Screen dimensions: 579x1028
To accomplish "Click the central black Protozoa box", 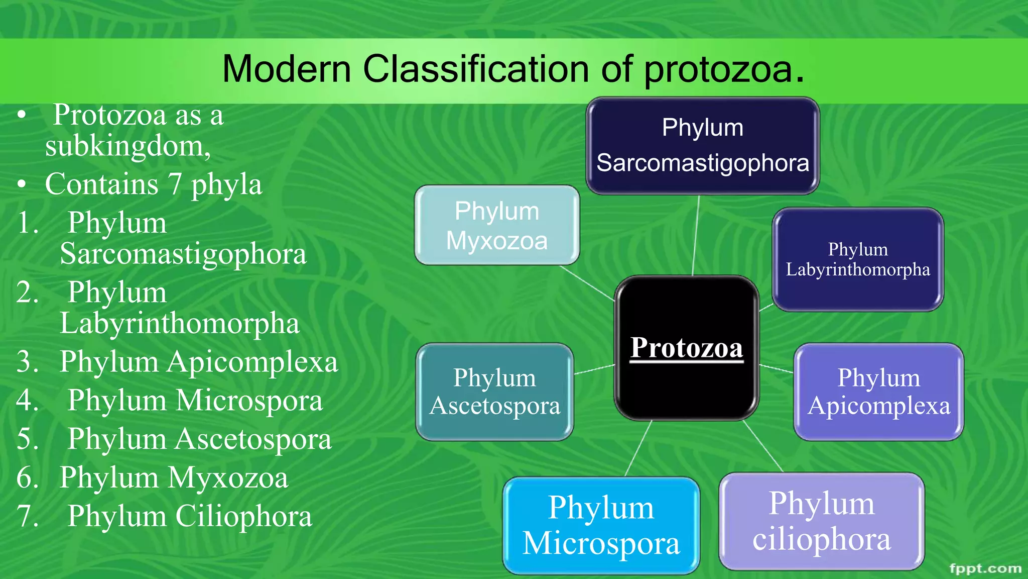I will [686, 348].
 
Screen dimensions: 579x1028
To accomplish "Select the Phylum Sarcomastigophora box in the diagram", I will [702, 146].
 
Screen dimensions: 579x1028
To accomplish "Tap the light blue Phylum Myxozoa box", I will [496, 225].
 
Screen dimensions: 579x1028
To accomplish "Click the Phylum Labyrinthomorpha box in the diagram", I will [857, 259].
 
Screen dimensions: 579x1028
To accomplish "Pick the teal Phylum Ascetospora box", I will [494, 392].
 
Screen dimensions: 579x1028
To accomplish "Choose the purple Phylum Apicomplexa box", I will [878, 392].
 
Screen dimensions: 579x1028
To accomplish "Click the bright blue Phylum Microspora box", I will [601, 525].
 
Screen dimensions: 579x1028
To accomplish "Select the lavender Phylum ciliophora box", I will [821, 521].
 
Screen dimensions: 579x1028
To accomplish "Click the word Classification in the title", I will [476, 69].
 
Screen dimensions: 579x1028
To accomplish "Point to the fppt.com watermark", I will [985, 568].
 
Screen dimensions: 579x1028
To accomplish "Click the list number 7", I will [28, 516].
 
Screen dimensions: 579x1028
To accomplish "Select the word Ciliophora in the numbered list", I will [243, 516].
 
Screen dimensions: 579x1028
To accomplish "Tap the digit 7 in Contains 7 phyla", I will [174, 184].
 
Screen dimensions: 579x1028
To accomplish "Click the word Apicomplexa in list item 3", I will [252, 362].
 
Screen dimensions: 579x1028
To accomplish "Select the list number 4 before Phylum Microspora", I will [28, 401].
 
